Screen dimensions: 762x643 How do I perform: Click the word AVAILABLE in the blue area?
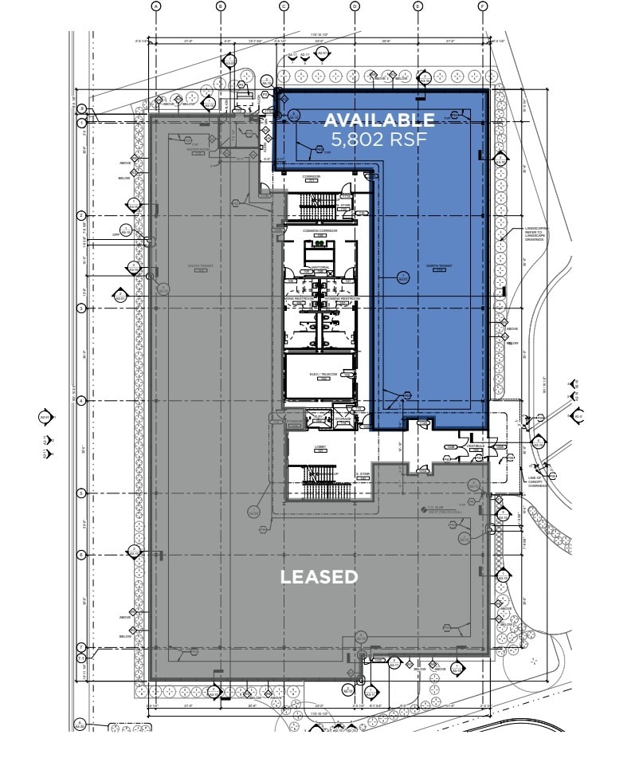(x=379, y=120)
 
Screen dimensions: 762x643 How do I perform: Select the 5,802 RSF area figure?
(x=379, y=139)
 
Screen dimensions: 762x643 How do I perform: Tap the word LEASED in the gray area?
(x=319, y=576)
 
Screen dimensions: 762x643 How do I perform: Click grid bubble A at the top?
(x=156, y=6)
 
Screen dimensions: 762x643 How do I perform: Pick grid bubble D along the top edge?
(x=355, y=6)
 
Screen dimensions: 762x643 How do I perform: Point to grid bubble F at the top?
(x=482, y=6)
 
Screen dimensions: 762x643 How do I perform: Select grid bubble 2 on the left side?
(x=81, y=215)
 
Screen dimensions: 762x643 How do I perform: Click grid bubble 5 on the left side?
(x=81, y=493)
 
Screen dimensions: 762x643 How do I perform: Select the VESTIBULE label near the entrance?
(x=476, y=447)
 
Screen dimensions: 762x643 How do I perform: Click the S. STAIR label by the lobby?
(x=363, y=473)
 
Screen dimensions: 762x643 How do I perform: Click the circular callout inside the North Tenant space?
(x=402, y=277)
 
